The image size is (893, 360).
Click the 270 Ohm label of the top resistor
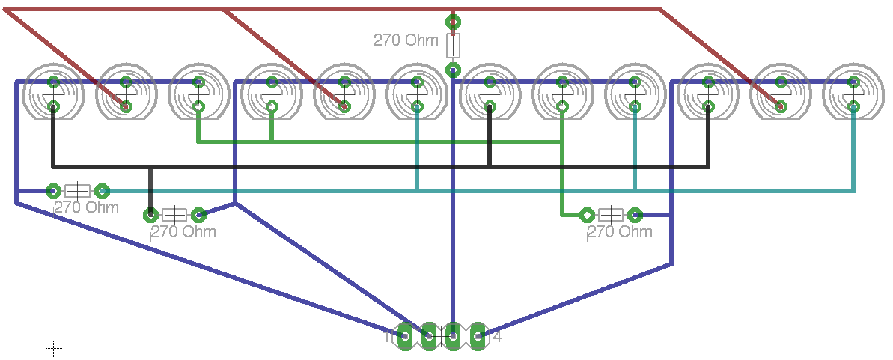tap(405, 40)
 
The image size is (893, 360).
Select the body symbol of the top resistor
tap(452, 46)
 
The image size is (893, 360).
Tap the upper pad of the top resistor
tap(452, 22)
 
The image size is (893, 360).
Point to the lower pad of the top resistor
tap(452, 70)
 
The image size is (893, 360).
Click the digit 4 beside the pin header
tap(497, 338)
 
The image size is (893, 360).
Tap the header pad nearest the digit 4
tap(476, 338)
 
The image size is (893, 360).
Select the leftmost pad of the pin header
tap(405, 338)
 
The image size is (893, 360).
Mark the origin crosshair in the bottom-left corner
tap(54, 348)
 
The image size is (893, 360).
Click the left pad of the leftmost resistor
tap(53, 190)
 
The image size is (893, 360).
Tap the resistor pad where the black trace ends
tap(150, 215)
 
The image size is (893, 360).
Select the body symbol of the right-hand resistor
tap(611, 215)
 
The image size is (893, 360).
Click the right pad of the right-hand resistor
tap(635, 215)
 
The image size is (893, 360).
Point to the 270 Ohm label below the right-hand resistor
tap(618, 232)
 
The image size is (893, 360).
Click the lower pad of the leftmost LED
tap(53, 107)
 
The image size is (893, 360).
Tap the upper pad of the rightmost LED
tap(853, 81)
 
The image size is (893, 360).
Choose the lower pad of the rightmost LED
tap(853, 107)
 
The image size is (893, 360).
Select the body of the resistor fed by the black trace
tap(174, 215)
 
